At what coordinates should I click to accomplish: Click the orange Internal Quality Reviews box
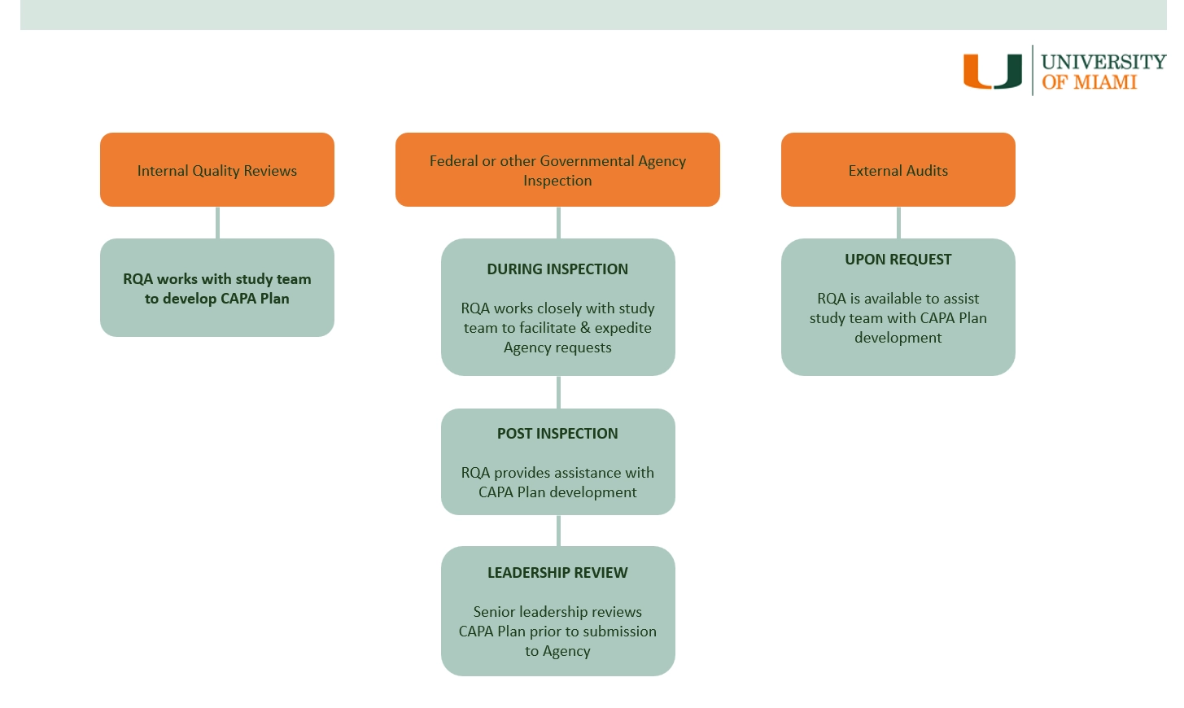tap(217, 169)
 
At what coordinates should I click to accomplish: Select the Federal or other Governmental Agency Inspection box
tap(557, 169)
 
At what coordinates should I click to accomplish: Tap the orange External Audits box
tap(898, 169)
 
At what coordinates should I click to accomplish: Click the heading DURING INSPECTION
tap(557, 269)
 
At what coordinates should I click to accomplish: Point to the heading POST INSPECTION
tap(557, 434)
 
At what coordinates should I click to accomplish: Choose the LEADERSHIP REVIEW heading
tap(557, 573)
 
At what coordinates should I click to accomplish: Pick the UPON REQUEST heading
tap(898, 260)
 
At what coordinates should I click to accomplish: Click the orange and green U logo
tap(992, 71)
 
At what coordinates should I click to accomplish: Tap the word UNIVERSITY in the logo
tap(1103, 62)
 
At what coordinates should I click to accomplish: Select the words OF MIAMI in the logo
tap(1089, 82)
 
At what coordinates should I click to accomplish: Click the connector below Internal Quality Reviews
tap(217, 222)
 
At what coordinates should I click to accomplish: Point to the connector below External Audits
tap(898, 222)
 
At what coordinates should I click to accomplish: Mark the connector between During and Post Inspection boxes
tap(558, 392)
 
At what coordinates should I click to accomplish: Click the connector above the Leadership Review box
tap(558, 531)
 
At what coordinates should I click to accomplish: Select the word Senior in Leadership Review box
tap(494, 612)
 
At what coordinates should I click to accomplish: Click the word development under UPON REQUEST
tap(898, 338)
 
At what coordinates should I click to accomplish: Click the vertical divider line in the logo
tap(1033, 70)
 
